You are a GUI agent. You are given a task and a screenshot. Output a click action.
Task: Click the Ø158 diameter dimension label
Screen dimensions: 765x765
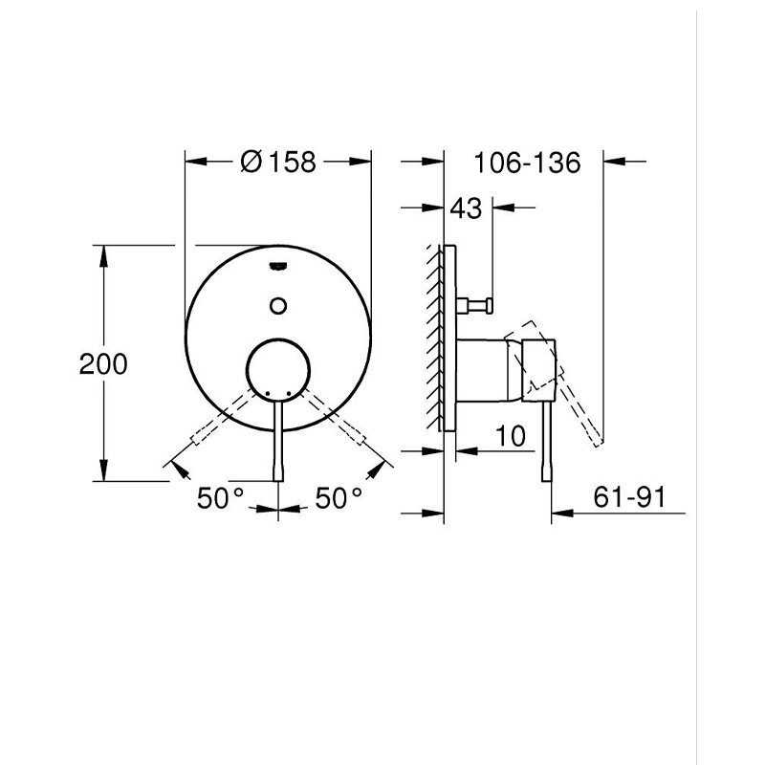pos(278,162)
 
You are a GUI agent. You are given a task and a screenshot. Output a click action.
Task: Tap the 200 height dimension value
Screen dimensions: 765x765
pos(103,364)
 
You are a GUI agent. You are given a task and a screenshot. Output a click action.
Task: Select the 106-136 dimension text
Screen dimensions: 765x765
pos(528,163)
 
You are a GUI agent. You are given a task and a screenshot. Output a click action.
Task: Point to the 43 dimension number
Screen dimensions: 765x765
pos(466,208)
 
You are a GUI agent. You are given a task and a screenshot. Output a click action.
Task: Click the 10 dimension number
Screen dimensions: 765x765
pos(511,436)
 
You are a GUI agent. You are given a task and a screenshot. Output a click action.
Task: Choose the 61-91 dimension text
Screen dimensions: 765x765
pos(629,497)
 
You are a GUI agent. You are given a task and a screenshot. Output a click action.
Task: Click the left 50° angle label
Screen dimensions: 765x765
pos(220,498)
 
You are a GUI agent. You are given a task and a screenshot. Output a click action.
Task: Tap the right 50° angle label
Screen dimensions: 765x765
pos(339,498)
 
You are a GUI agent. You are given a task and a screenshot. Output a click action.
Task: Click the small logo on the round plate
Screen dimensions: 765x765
pos(278,266)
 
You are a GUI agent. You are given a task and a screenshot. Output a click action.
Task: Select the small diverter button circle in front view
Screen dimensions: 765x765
pos(278,306)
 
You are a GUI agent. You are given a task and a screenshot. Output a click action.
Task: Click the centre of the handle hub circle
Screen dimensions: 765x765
pos(278,370)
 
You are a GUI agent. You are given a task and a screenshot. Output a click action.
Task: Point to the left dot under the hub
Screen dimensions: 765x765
pos(267,393)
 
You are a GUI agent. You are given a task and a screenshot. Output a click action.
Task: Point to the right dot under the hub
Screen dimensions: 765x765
pos(289,393)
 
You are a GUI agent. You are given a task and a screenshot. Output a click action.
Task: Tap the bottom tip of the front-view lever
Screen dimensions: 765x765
pos(278,481)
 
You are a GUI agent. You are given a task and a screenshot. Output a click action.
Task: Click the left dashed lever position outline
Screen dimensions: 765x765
pos(224,417)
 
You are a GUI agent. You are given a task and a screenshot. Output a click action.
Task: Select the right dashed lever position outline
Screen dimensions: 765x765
pos(333,417)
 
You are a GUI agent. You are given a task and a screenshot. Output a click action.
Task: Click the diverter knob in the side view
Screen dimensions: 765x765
pos(474,306)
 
